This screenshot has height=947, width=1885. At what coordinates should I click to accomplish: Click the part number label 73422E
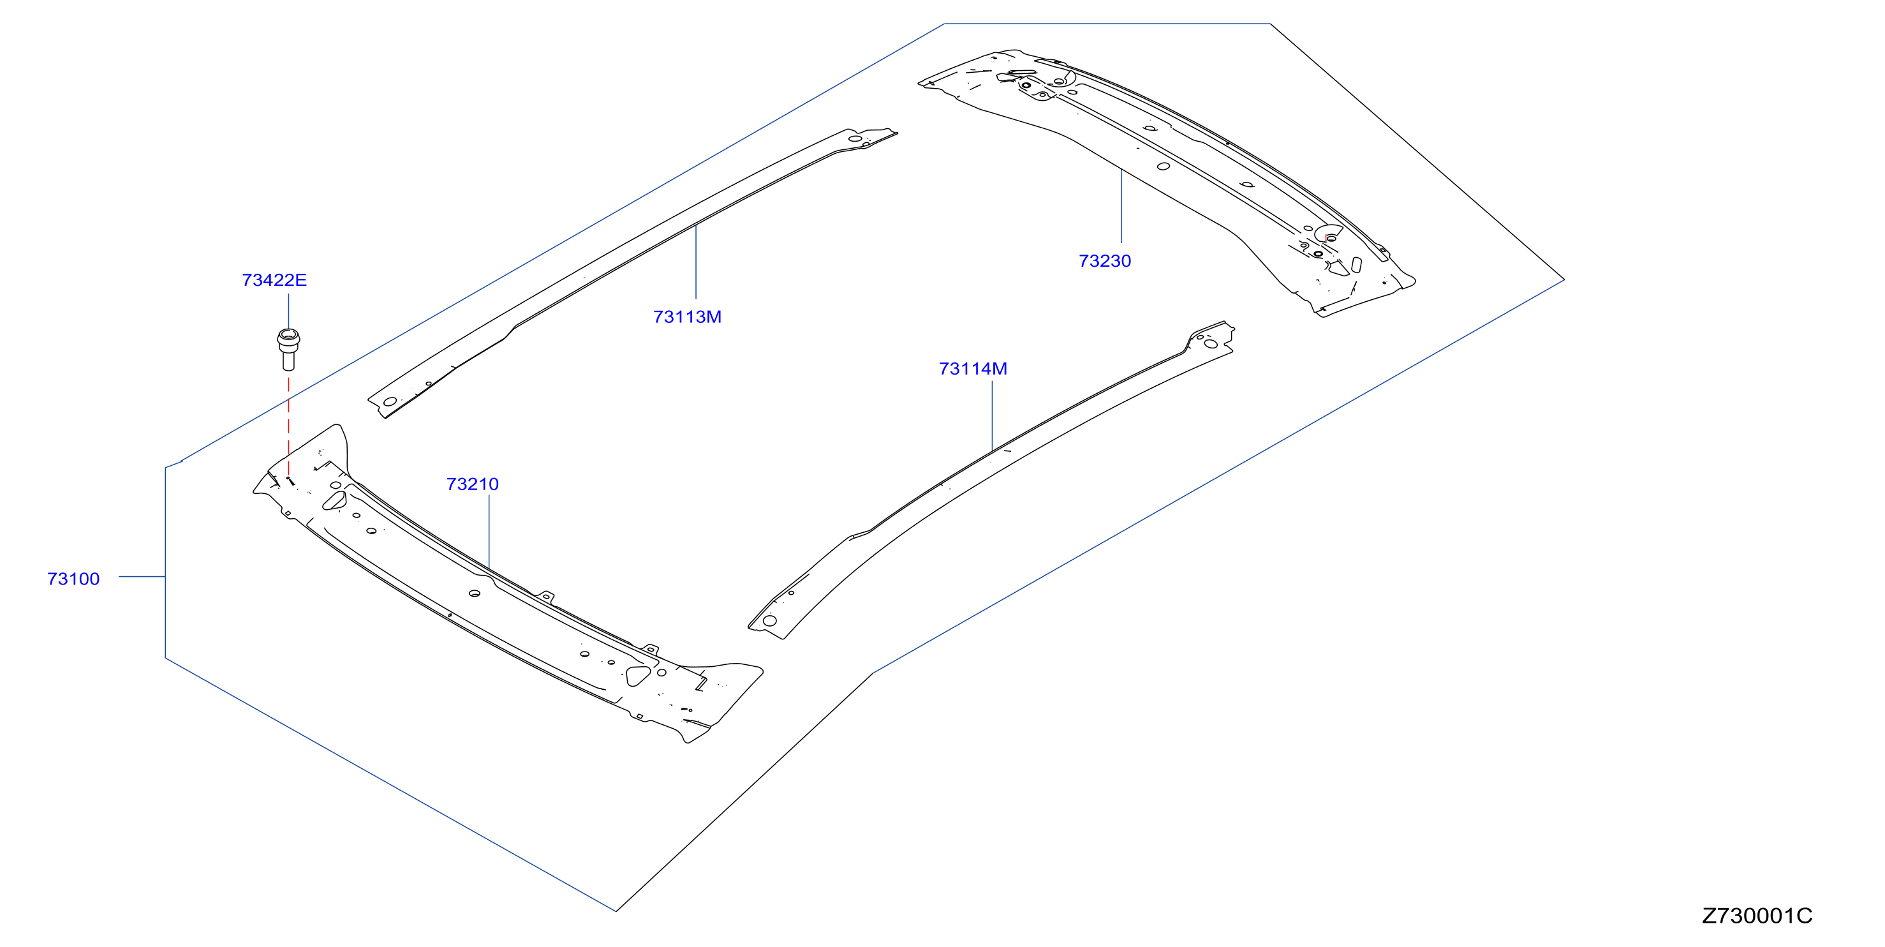click(x=274, y=280)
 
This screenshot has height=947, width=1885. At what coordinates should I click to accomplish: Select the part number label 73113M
click(x=687, y=317)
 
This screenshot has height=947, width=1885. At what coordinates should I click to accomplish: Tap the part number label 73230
click(x=1105, y=260)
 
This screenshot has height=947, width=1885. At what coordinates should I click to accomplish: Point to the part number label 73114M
click(x=973, y=369)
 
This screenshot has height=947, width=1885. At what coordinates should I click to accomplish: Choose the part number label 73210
click(x=473, y=484)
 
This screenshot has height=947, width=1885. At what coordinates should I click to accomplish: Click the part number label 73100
click(x=73, y=579)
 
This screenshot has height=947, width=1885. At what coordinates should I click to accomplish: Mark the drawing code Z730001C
click(x=1757, y=916)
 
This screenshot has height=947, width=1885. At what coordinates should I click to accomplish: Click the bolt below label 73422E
click(x=288, y=350)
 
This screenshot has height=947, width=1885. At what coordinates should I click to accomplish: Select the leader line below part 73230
click(x=1121, y=205)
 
